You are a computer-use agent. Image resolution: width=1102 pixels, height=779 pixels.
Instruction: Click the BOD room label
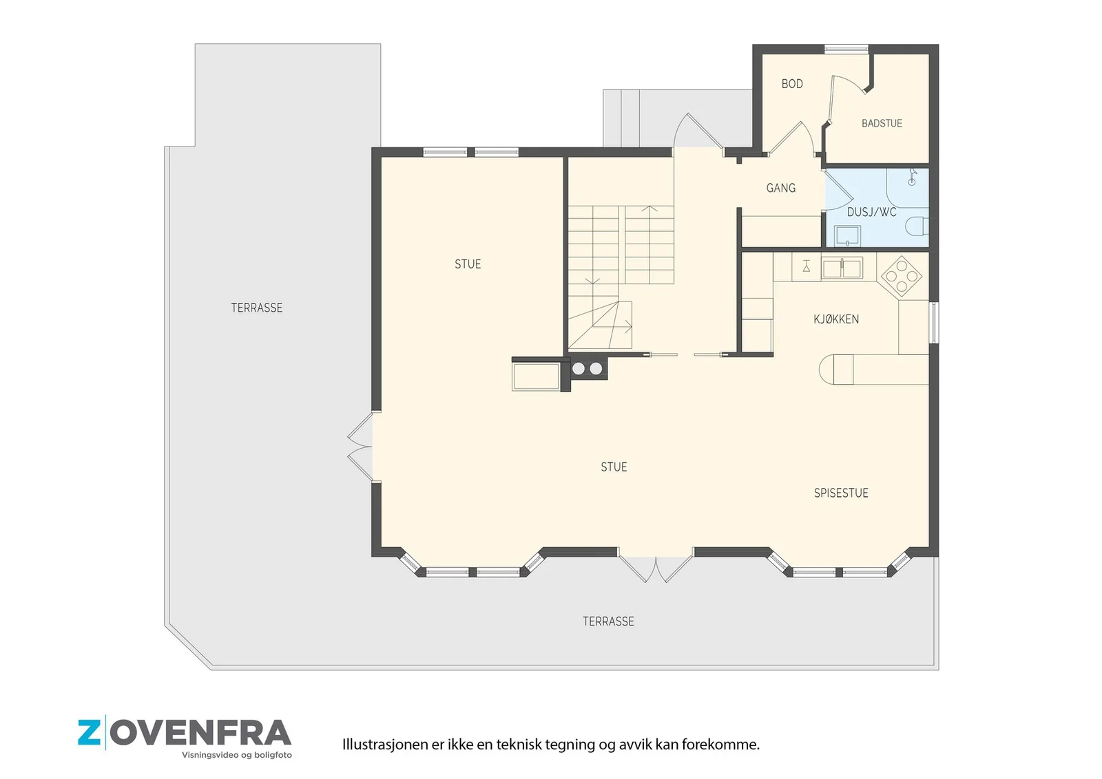click(792, 84)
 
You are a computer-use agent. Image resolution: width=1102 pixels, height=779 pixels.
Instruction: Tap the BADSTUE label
click(882, 123)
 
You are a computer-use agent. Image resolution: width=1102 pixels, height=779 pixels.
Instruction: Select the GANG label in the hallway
click(781, 188)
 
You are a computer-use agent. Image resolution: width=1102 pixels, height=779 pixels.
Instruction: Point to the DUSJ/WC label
click(872, 213)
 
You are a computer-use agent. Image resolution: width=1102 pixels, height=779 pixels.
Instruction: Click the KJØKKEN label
click(836, 319)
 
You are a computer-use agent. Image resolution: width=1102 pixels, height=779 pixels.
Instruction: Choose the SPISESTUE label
click(841, 493)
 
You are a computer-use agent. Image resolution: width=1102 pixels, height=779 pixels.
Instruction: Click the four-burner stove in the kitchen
click(902, 277)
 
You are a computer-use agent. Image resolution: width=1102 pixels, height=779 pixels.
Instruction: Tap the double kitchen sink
click(842, 268)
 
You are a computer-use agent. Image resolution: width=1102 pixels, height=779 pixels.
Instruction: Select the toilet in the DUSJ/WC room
click(917, 226)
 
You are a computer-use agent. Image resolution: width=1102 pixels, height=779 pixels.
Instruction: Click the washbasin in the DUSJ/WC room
click(847, 235)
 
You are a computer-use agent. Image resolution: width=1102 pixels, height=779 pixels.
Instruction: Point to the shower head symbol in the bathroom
click(912, 176)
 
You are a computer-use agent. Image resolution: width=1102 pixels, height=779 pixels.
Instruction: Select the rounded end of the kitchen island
click(827, 370)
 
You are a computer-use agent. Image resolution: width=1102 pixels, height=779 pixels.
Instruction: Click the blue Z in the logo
click(89, 733)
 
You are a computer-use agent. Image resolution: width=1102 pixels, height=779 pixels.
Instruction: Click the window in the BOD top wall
click(846, 49)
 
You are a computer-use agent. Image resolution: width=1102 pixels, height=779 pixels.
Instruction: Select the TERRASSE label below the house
click(608, 621)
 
